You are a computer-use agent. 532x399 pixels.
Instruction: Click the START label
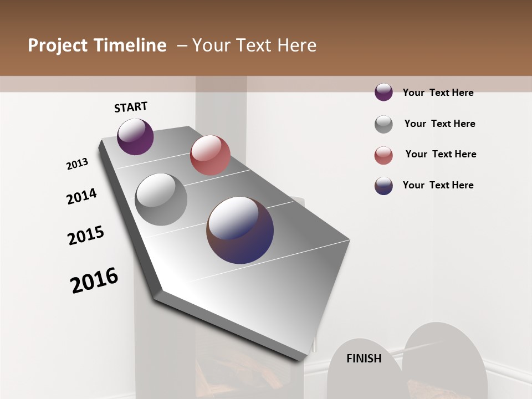coord(131,107)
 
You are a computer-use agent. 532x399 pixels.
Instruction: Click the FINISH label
coord(364,359)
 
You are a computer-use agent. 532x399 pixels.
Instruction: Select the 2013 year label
coord(77,164)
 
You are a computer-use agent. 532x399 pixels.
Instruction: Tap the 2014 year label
coord(81,196)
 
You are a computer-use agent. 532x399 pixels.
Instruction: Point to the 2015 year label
coord(86,236)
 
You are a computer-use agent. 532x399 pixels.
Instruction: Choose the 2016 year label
coord(94,280)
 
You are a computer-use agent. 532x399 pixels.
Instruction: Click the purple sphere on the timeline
coord(135,136)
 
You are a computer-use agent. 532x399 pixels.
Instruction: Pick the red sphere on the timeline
coord(210,155)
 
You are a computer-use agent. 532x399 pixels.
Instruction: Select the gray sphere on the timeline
coord(161,199)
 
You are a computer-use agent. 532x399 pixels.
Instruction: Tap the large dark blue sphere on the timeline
coord(240,230)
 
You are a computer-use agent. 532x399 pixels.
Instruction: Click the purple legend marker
coord(383,92)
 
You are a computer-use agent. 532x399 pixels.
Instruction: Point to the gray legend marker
coord(383,124)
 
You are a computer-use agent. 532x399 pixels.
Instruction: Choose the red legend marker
coord(383,155)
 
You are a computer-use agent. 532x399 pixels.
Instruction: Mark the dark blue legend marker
coord(383,186)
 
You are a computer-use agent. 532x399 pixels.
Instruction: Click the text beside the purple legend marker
coord(438,93)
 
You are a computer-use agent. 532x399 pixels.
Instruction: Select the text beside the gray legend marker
coord(439,124)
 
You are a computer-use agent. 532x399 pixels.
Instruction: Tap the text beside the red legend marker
coord(441,154)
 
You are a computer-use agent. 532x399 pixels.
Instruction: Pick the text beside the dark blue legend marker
coord(438,185)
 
